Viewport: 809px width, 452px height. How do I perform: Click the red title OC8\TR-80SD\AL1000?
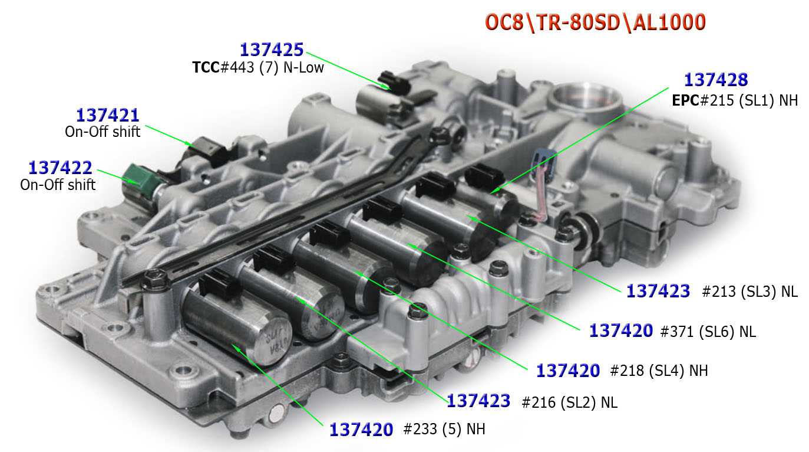(595, 22)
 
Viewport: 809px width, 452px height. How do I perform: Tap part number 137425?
(272, 50)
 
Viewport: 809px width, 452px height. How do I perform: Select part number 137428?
(716, 80)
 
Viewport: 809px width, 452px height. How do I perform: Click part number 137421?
(108, 115)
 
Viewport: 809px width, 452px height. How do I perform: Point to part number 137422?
(60, 168)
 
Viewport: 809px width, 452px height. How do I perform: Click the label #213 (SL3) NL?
(749, 291)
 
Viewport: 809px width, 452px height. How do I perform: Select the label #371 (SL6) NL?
(708, 332)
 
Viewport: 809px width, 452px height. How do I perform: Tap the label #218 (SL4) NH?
(659, 371)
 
